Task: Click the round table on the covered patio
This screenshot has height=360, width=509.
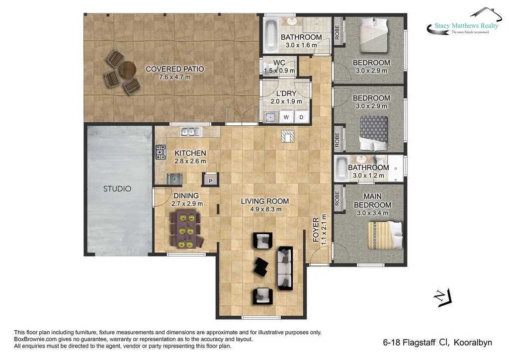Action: (127, 70)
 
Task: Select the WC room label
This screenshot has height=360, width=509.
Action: (279, 63)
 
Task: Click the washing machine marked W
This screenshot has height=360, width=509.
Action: (286, 117)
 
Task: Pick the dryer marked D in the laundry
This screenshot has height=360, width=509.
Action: (301, 117)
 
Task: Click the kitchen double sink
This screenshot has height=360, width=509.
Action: (191, 132)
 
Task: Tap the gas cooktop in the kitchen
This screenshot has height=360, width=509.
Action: (161, 152)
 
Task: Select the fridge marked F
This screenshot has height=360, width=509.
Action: (174, 179)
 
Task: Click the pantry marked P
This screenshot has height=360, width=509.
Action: (210, 180)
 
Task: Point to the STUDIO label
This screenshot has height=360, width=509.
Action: (117, 188)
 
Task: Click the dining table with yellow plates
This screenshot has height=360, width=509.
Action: (186, 229)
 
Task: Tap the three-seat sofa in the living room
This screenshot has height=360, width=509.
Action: (285, 268)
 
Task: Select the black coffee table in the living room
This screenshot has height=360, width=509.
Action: (261, 267)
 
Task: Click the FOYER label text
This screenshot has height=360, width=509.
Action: (316, 230)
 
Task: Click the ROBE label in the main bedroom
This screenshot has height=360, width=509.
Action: (337, 198)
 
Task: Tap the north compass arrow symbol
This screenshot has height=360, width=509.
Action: (442, 298)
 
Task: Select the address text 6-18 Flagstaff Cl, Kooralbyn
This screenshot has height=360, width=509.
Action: (437, 343)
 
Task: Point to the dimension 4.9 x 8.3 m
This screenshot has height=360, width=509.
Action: (266, 209)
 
